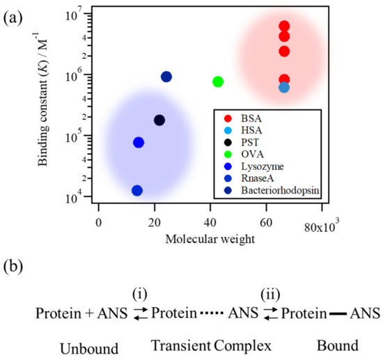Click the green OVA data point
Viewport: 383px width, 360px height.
tap(218, 81)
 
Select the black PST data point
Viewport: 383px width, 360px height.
tap(159, 120)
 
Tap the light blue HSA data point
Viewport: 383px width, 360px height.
tap(284, 87)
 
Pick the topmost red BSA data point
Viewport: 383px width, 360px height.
tap(284, 26)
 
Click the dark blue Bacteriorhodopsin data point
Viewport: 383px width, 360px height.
tap(166, 77)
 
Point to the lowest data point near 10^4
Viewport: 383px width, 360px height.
tap(137, 191)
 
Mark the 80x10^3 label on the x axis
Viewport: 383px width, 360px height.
tap(321, 227)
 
